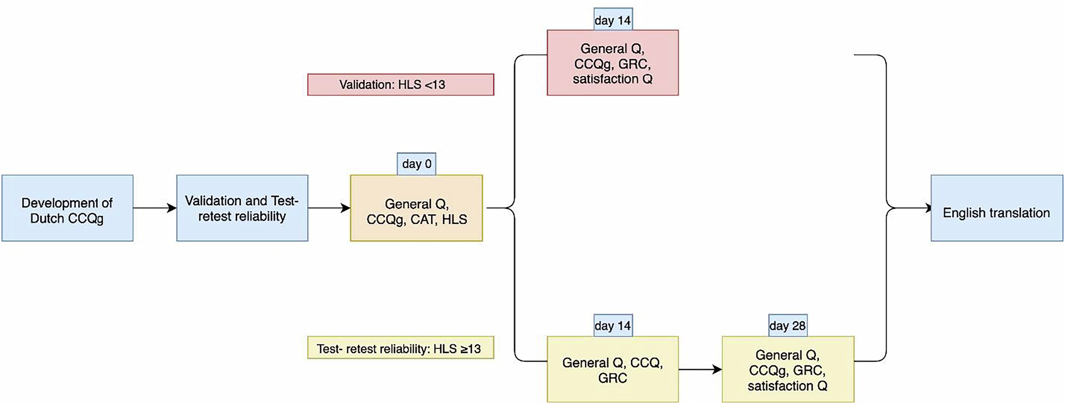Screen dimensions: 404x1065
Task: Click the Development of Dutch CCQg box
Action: [67, 208]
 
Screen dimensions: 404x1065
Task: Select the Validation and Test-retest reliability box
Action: [242, 208]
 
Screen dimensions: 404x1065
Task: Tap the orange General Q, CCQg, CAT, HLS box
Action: [416, 208]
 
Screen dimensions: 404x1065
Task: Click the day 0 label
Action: [416, 164]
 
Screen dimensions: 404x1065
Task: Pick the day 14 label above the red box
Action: [612, 20]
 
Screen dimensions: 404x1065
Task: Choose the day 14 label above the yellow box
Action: [612, 326]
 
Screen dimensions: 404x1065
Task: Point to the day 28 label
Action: [788, 326]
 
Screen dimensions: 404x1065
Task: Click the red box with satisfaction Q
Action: [612, 63]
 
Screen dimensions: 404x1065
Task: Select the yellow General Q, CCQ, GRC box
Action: [612, 369]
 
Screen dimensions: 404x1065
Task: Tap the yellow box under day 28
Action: [788, 369]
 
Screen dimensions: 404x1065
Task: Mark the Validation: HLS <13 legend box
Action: [400, 85]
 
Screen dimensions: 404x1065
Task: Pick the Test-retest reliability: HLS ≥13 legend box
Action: [400, 348]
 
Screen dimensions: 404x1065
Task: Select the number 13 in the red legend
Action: [439, 85]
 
